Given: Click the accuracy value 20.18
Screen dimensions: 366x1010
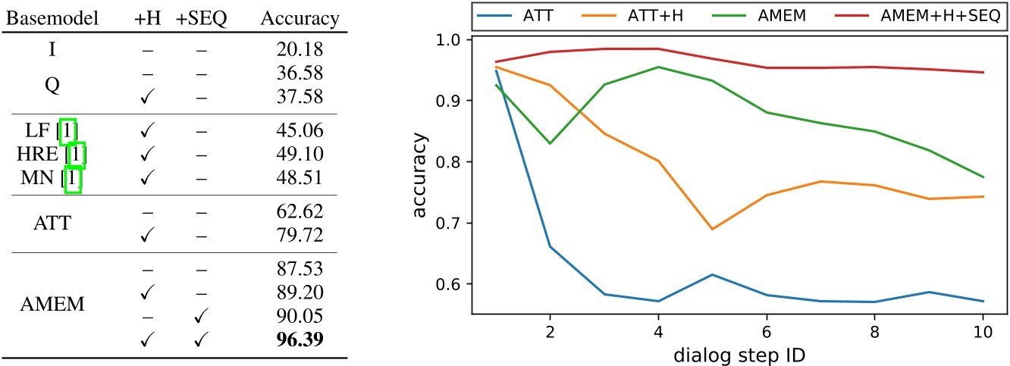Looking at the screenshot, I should [300, 51].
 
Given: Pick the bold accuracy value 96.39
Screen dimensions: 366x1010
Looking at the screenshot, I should [300, 340].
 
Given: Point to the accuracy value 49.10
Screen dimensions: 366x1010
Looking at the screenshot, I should [300, 155].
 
